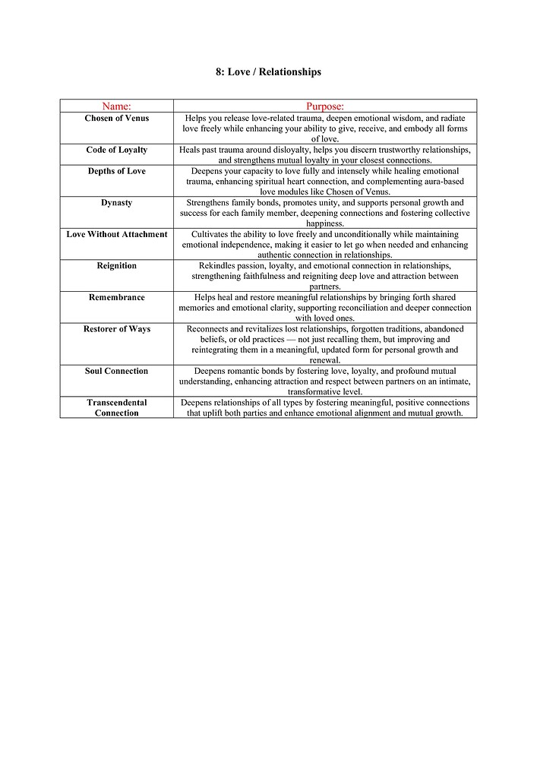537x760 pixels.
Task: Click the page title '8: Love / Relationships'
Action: pyautogui.click(x=268, y=72)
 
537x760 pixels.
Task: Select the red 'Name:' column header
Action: pyautogui.click(x=116, y=106)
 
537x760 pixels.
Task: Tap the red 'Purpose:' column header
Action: pyautogui.click(x=325, y=106)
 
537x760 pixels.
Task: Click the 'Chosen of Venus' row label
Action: pyautogui.click(x=117, y=119)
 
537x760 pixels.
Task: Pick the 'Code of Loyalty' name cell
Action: pyautogui.click(x=117, y=150)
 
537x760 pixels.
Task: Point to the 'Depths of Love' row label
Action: pyautogui.click(x=117, y=172)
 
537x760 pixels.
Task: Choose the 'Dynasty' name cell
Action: pyautogui.click(x=117, y=203)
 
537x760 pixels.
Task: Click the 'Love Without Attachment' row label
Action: pyautogui.click(x=117, y=235)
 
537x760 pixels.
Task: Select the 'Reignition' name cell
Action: pyautogui.click(x=117, y=266)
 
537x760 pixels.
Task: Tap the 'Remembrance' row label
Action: pyautogui.click(x=117, y=298)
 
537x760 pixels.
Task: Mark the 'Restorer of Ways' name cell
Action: pyautogui.click(x=117, y=329)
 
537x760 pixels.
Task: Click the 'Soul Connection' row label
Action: pyautogui.click(x=117, y=372)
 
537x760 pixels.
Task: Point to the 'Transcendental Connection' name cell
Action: pyautogui.click(x=117, y=408)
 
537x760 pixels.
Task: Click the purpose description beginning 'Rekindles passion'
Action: pyautogui.click(x=325, y=276)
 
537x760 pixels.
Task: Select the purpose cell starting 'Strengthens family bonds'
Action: pyautogui.click(x=325, y=213)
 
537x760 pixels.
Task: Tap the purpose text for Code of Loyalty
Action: pyautogui.click(x=325, y=155)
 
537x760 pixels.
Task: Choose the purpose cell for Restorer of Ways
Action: pyautogui.click(x=325, y=344)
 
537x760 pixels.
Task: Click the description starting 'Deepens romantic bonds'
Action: pyautogui.click(x=325, y=381)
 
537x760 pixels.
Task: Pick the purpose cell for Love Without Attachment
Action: pyautogui.click(x=325, y=245)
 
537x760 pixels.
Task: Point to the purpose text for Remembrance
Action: pyautogui.click(x=325, y=308)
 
